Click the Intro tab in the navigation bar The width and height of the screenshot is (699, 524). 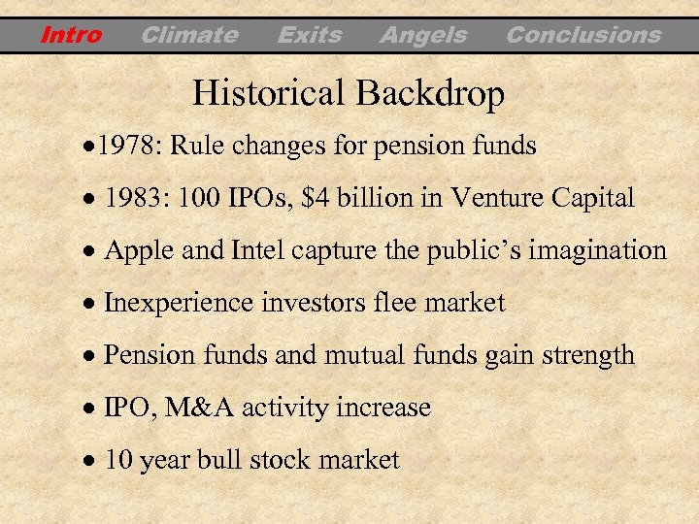pos(71,36)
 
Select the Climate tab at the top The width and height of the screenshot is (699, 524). pos(188,36)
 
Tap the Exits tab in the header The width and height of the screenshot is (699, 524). pos(309,36)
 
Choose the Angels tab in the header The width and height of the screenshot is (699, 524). pos(422,36)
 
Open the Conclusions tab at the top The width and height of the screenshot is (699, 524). pos(582,36)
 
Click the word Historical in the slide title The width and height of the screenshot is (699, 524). pos(270,94)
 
